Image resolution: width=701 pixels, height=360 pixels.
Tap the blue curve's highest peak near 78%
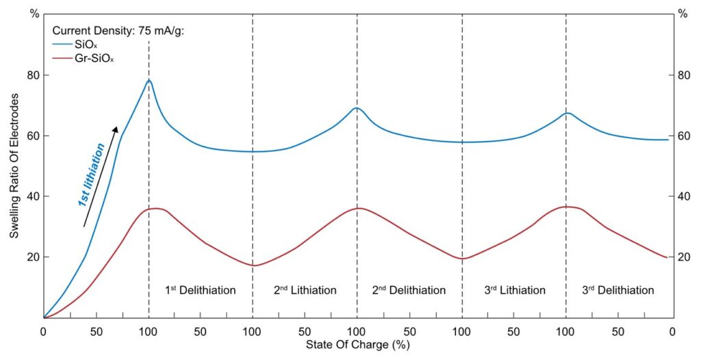[149, 80]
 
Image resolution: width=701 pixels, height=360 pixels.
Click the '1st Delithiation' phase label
[201, 290]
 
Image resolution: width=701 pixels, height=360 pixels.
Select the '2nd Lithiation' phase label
[305, 290]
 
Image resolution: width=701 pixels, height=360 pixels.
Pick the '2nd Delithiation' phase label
[409, 290]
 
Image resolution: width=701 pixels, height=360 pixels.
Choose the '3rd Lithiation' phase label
[514, 290]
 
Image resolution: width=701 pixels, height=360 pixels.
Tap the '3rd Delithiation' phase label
[618, 290]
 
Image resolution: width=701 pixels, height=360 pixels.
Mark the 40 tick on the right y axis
[683, 196]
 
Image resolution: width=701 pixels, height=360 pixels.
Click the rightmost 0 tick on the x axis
[672, 331]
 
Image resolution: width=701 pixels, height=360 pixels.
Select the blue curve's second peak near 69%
[357, 107]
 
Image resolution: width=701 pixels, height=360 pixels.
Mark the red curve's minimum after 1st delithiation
[253, 266]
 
